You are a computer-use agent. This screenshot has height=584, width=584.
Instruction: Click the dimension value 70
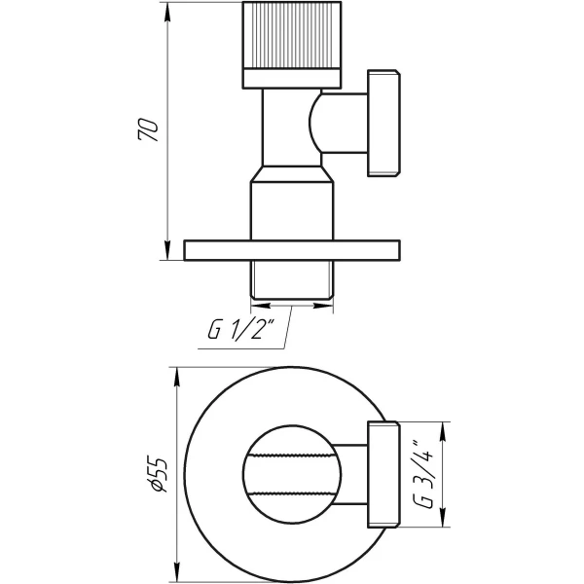[149, 131]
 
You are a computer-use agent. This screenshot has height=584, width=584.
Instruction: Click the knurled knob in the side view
[292, 36]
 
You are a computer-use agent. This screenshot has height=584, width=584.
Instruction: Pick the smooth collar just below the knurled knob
[292, 78]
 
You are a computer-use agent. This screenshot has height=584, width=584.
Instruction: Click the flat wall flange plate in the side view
[292, 250]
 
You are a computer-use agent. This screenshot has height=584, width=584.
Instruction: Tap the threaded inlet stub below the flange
[292, 280]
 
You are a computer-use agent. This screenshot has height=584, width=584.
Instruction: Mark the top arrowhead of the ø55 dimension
[176, 373]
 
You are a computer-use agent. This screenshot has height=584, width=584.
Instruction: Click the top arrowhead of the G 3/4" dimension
[445, 426]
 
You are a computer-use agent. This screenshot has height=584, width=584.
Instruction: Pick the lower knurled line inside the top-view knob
[292, 492]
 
